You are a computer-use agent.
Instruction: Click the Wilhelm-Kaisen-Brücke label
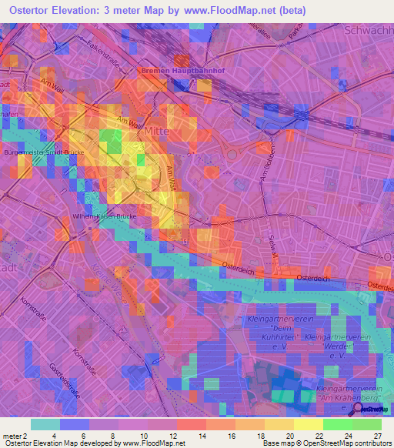point(104,216)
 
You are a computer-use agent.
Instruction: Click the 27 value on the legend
point(377,436)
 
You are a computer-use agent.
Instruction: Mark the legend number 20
point(289,436)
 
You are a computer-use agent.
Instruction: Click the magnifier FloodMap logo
point(370,410)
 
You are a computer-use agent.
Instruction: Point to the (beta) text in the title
point(291,11)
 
